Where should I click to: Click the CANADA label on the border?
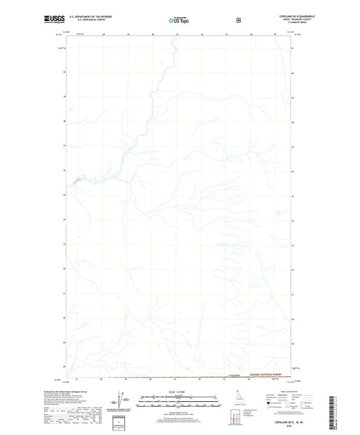(235, 379)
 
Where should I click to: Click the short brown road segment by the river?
(77, 180)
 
